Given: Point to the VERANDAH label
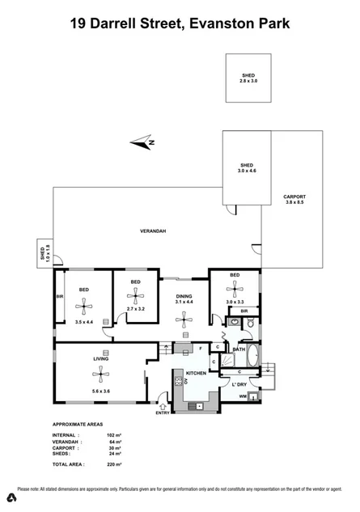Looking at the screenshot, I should [153, 231].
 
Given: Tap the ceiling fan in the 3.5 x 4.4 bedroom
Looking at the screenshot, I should [83, 305].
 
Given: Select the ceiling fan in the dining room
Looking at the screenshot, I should [184, 319].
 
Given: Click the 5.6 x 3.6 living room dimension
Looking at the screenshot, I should [102, 391].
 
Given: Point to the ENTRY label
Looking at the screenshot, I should [163, 413].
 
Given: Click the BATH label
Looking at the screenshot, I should [239, 349].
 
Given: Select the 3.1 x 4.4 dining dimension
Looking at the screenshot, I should [184, 305].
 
